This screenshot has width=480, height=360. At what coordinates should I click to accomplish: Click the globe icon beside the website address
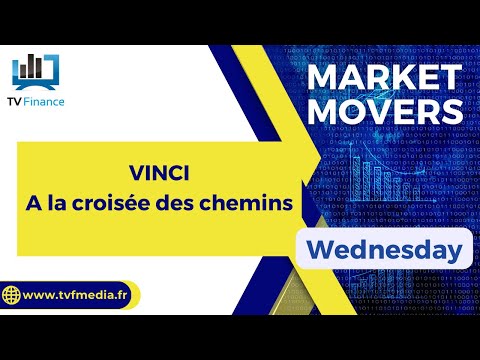[x=13, y=297]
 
